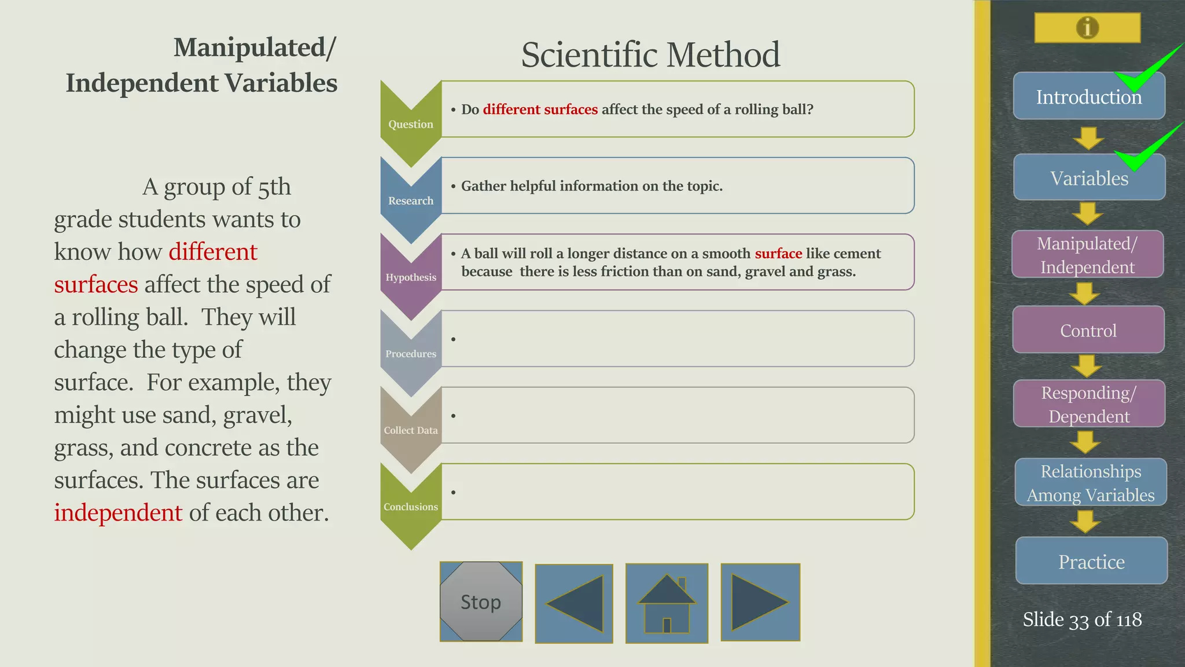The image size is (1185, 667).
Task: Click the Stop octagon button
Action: point(481,602)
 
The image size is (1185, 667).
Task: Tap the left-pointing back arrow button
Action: point(574,603)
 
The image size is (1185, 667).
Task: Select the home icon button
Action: point(667,603)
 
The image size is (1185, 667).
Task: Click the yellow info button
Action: point(1087,28)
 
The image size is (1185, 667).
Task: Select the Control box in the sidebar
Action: point(1088,330)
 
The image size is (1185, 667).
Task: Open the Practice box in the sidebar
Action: point(1091,561)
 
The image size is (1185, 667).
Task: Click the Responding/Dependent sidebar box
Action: point(1088,404)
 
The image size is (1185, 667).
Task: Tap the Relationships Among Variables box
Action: point(1091,482)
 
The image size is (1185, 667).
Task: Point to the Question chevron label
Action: point(410,124)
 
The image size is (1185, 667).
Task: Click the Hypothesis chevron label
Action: point(411,277)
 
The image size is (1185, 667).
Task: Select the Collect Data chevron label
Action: point(410,430)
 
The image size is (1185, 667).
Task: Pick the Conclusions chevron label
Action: point(410,507)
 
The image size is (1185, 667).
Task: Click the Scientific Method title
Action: point(650,55)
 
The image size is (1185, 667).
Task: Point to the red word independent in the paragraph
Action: point(118,513)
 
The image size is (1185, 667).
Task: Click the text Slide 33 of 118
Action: point(1082,620)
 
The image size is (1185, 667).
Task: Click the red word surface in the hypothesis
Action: point(778,254)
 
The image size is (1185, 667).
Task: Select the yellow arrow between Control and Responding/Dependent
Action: point(1087,366)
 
